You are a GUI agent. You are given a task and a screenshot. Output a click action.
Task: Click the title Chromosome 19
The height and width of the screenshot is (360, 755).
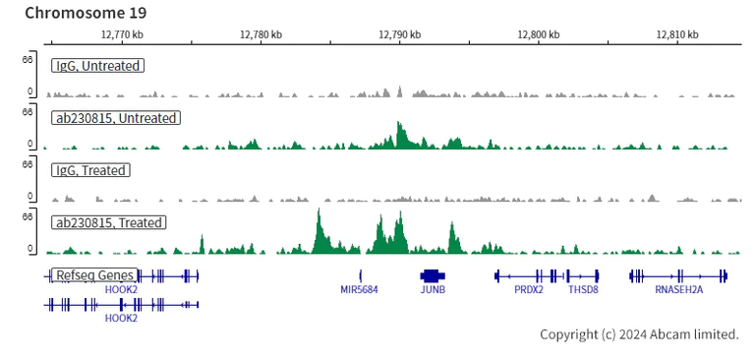[x=86, y=13]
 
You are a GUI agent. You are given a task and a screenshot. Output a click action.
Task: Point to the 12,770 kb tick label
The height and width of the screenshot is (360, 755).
[x=122, y=34]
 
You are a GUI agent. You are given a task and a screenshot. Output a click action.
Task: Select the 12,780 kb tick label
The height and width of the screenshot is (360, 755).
[x=261, y=34]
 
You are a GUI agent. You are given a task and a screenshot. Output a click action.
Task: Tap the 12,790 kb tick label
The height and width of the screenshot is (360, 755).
[x=400, y=34]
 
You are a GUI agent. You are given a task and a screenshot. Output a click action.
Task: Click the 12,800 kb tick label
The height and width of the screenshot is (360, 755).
[x=539, y=34]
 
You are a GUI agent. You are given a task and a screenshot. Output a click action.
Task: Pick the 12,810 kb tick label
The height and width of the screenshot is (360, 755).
[x=677, y=34]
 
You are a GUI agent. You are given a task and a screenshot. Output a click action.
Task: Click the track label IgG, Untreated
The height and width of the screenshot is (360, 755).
[x=97, y=66]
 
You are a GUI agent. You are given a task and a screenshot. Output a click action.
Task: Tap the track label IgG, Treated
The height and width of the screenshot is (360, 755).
[x=90, y=170]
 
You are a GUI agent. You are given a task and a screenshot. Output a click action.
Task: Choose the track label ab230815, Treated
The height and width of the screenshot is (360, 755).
[x=108, y=222]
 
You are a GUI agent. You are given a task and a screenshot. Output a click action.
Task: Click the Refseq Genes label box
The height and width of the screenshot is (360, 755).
[x=94, y=275]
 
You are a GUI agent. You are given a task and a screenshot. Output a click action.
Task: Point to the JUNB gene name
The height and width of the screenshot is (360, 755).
[x=433, y=290]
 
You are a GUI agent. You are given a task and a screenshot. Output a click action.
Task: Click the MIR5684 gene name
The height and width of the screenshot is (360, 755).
[x=359, y=290]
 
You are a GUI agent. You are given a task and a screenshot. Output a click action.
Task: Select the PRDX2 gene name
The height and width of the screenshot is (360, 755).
[x=528, y=290]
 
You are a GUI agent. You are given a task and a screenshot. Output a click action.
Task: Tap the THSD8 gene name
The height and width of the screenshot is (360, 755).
[x=583, y=290]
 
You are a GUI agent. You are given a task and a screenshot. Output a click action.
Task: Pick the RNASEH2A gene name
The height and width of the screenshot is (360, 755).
[x=678, y=290]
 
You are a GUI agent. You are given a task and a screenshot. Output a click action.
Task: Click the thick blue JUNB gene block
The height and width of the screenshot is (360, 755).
[x=433, y=275]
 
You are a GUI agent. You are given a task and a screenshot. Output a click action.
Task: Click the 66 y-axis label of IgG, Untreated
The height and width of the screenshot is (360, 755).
[x=29, y=60]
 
